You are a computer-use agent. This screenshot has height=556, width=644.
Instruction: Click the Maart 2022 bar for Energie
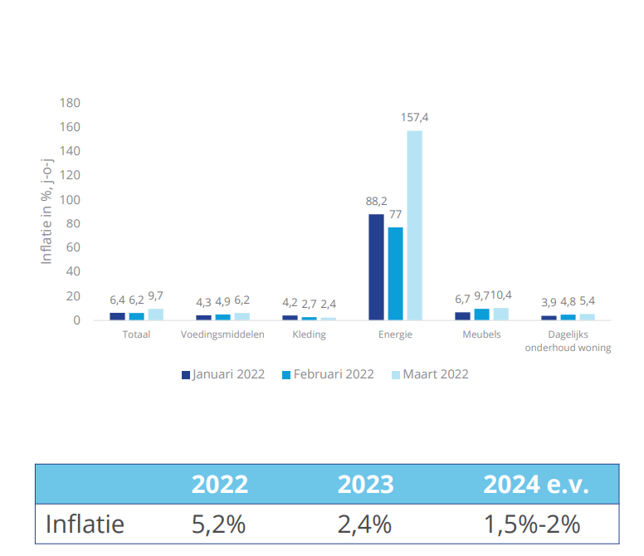[x=414, y=225]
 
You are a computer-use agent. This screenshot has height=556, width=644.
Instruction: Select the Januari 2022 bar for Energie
[x=376, y=266]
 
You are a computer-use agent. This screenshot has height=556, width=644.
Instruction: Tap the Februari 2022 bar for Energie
[x=395, y=273]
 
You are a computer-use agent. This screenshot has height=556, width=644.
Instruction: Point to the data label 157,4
[x=414, y=118]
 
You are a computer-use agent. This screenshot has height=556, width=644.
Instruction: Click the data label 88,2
[x=377, y=201]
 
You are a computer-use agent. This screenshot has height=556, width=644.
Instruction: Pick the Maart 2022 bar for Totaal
[x=155, y=314]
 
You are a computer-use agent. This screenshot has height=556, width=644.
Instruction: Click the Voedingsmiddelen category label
[x=222, y=334]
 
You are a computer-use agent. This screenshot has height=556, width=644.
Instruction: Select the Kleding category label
[x=309, y=334]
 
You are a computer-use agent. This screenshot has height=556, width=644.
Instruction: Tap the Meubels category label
[x=481, y=334]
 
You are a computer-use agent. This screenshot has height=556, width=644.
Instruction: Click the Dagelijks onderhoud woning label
[x=568, y=341]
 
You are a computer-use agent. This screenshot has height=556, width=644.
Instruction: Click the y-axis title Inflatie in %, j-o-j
[x=47, y=212]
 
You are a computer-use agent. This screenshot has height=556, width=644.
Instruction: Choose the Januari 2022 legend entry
[x=222, y=374]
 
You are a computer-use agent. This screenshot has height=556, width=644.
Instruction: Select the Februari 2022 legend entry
[x=328, y=374]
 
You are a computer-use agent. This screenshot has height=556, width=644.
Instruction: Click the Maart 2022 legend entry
[x=429, y=374]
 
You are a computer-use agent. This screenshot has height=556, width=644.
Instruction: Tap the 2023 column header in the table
[x=365, y=485]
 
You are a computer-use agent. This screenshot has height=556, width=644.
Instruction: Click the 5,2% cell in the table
[x=219, y=524]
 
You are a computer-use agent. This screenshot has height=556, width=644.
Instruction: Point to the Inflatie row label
[x=85, y=524]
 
